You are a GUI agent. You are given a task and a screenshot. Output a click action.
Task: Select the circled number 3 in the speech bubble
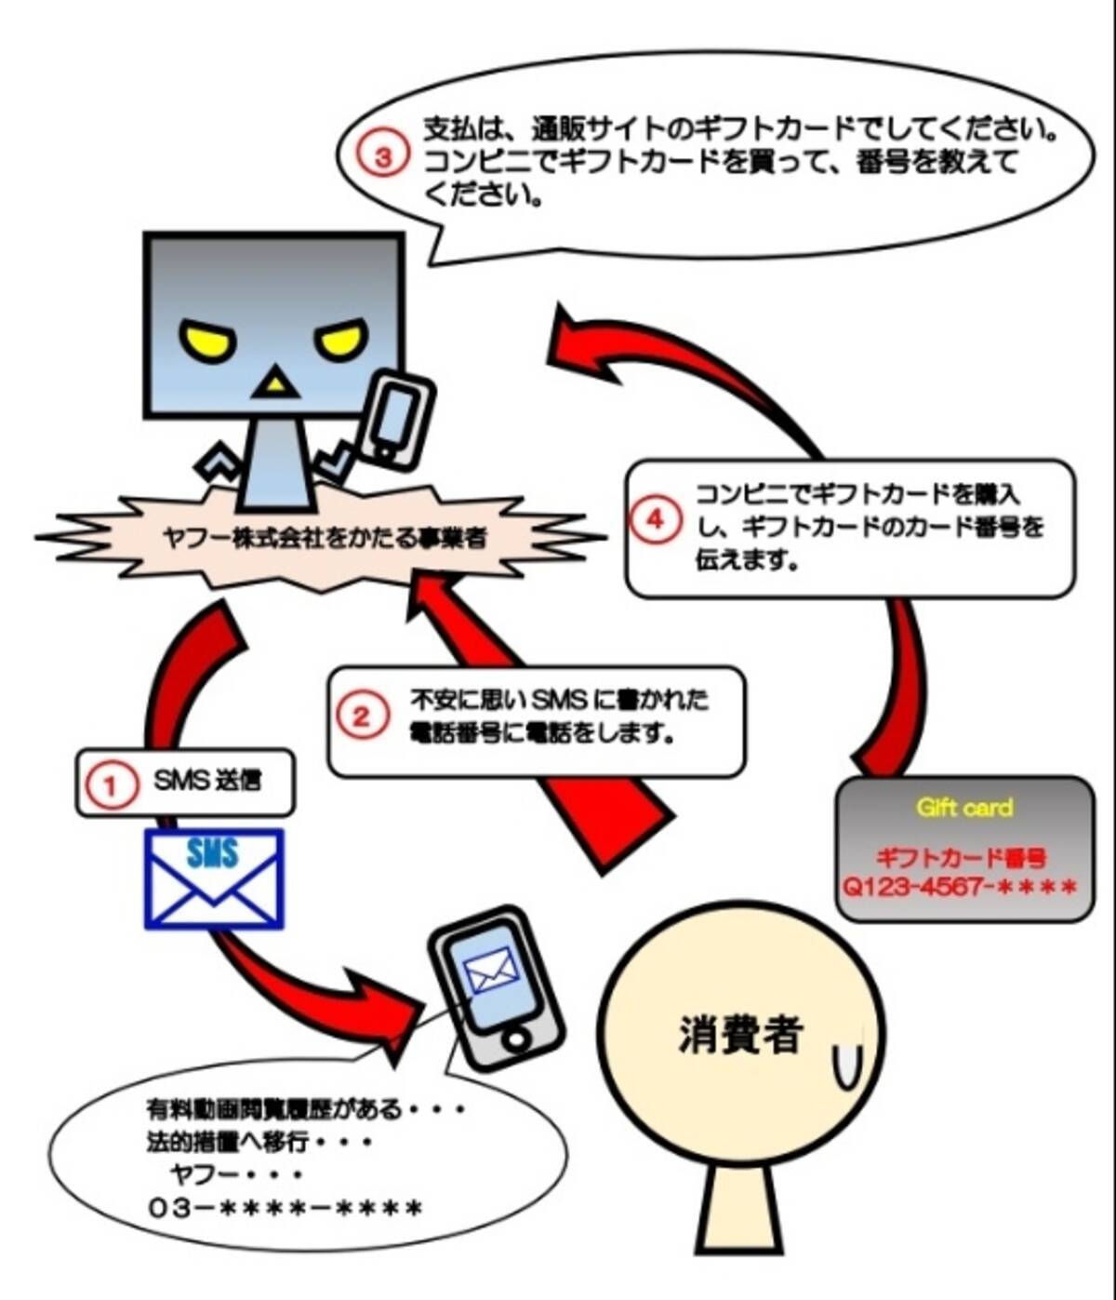383,157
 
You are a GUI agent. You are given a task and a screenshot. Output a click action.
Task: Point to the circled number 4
656,520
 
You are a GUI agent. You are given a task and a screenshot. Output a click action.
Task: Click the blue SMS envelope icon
214,878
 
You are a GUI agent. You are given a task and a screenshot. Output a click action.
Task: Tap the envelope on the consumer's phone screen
490,971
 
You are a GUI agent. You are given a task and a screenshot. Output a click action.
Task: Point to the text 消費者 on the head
740,1034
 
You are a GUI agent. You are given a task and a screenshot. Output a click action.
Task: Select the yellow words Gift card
964,808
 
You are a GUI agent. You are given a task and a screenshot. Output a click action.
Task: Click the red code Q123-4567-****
960,887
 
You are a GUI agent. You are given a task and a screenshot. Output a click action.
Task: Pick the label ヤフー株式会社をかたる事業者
323,539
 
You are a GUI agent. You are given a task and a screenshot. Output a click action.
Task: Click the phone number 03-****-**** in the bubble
285,1208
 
